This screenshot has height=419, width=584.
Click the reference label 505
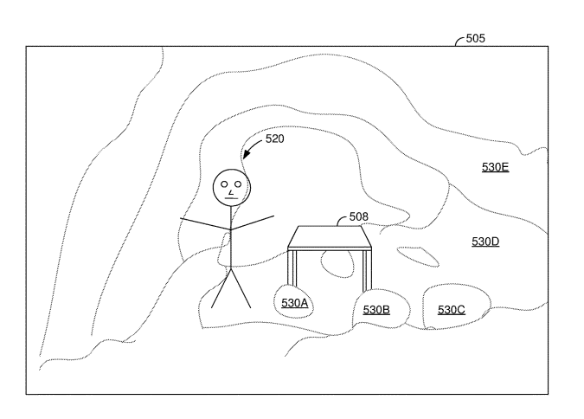pos(475,38)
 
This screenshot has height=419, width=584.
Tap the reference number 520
pos(274,138)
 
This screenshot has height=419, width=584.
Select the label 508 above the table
pos(358,218)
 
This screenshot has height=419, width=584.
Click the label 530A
pos(295,302)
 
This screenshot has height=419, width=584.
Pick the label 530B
pos(376,309)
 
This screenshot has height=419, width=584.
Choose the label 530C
pos(451,309)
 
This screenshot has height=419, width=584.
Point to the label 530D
pos(485,242)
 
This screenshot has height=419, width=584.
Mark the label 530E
pos(495,166)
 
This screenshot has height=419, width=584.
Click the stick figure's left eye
pos(224,184)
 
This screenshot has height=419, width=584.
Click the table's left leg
pos(292,268)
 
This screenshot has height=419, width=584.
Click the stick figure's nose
pos(231,191)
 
